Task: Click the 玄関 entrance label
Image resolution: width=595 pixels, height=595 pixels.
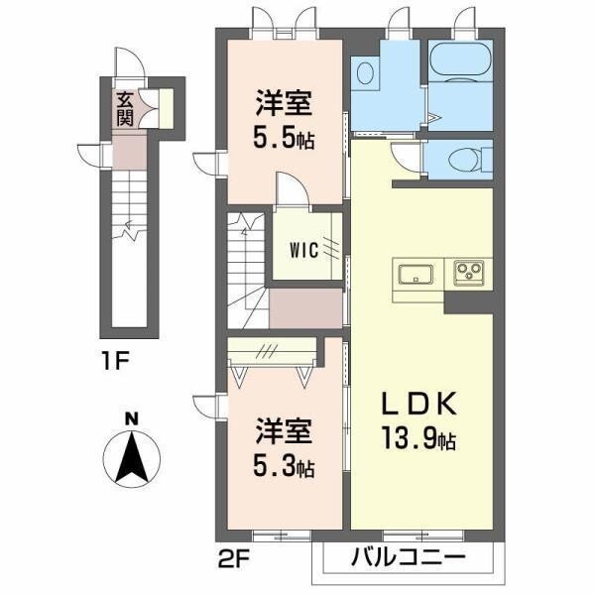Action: (x=125, y=109)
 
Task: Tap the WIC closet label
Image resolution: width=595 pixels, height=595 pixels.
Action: (x=303, y=250)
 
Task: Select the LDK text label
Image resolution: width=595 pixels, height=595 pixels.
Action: (x=418, y=405)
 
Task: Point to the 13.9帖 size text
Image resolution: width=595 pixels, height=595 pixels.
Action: (x=418, y=438)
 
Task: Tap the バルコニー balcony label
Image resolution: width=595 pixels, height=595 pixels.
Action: (x=408, y=557)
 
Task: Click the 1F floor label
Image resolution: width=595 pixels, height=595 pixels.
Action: (x=116, y=361)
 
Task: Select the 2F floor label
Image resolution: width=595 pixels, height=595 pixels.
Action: (x=233, y=559)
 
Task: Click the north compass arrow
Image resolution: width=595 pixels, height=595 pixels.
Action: (x=132, y=458)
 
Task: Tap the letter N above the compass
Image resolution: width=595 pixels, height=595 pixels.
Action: (x=132, y=419)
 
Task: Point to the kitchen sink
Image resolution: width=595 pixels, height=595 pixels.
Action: (x=416, y=275)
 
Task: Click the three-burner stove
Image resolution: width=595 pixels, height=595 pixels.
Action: (x=470, y=273)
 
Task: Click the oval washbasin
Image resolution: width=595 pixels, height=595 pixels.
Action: (x=365, y=72)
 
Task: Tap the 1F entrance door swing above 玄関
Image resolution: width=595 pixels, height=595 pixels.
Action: (x=130, y=62)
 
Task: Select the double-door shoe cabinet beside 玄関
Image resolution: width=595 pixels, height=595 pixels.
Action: (x=148, y=108)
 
